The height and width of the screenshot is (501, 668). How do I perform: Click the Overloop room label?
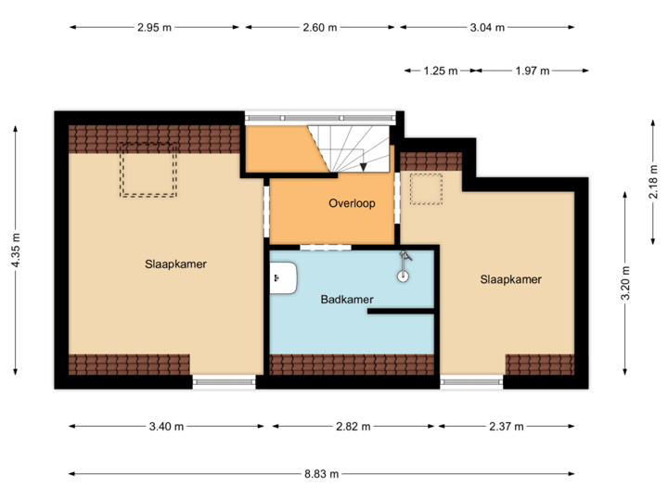[352, 203]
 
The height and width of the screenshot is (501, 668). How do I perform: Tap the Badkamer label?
[347, 300]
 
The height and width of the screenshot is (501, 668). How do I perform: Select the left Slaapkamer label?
[175, 263]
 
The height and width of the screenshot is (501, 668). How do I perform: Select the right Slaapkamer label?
[510, 279]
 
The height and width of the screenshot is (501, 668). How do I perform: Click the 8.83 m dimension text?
[322, 473]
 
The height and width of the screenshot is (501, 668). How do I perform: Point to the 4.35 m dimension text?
[15, 251]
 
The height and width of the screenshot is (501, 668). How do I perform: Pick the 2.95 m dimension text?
[154, 27]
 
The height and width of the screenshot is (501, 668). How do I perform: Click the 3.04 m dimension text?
[487, 27]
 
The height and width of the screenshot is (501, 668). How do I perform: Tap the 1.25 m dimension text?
[441, 70]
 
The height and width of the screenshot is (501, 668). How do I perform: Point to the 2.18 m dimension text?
[653, 182]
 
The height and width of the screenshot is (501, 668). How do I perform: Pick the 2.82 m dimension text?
[353, 427]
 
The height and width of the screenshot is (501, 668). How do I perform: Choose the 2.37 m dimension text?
[507, 427]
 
